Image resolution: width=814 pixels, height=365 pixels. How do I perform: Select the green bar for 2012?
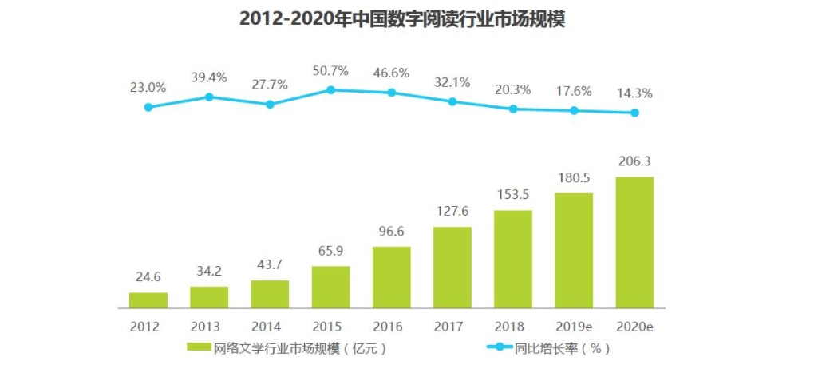click(x=148, y=300)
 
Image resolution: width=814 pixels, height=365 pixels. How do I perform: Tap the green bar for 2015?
click(x=330, y=287)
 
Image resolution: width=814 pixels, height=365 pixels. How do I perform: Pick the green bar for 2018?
click(x=512, y=259)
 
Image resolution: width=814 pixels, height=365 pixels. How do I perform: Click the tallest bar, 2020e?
click(x=634, y=242)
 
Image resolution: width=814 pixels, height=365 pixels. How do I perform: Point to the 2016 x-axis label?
click(x=391, y=327)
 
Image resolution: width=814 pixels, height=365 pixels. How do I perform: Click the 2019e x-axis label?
click(x=574, y=327)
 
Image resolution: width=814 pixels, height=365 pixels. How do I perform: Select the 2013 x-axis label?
click(x=209, y=327)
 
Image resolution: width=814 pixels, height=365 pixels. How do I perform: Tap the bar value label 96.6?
click(x=391, y=233)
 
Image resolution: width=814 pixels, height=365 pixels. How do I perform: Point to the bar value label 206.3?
click(x=634, y=162)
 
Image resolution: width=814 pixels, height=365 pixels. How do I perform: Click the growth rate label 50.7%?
click(x=330, y=71)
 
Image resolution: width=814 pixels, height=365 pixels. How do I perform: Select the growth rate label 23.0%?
click(x=148, y=87)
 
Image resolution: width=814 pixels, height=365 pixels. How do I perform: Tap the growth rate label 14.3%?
click(x=634, y=93)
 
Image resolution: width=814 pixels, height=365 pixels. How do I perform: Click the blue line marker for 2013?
click(x=209, y=97)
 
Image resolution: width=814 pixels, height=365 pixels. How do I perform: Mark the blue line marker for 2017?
click(x=452, y=101)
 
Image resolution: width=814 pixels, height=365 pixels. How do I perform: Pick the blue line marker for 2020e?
click(x=634, y=113)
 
